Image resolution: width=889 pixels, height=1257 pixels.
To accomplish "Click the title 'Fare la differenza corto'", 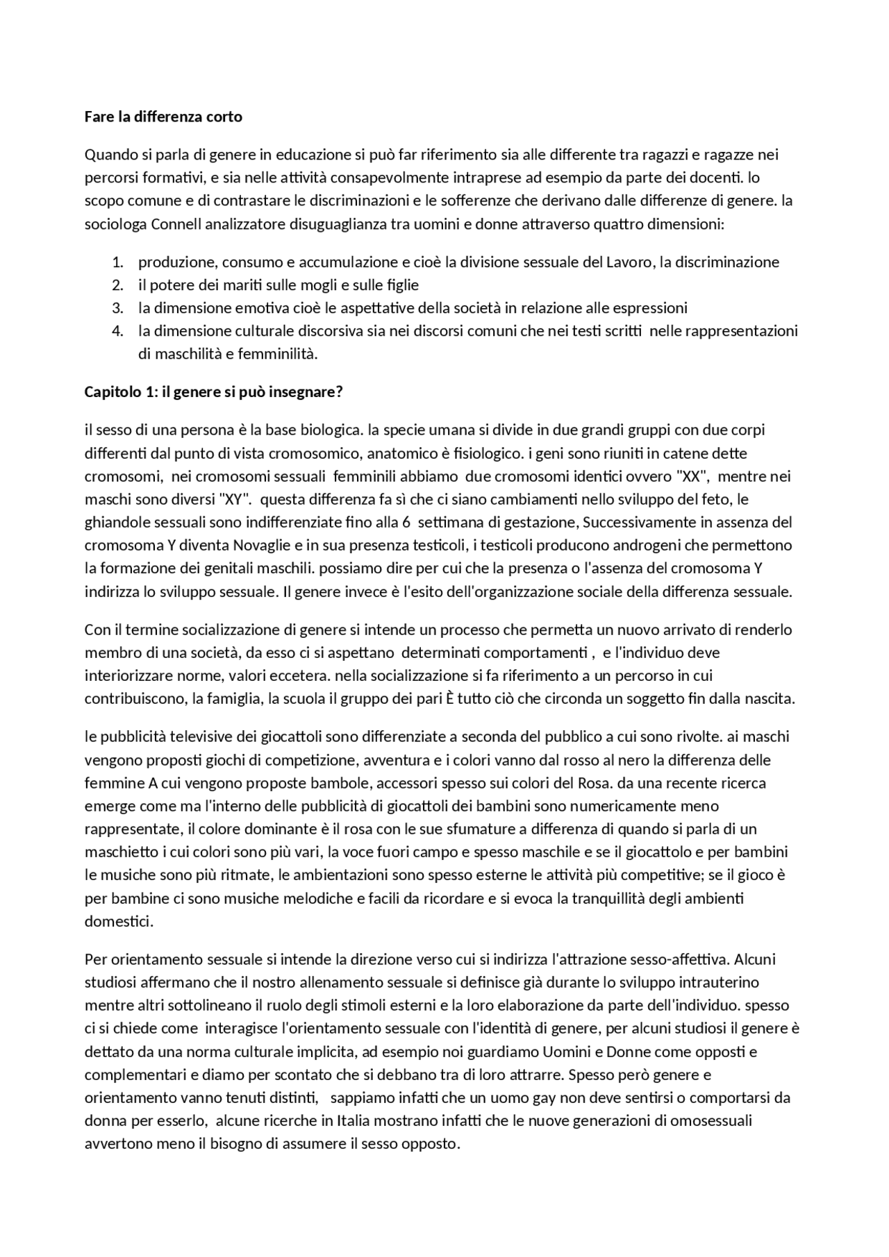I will [163, 117].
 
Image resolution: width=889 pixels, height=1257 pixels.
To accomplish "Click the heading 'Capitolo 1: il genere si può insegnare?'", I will [214, 391].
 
